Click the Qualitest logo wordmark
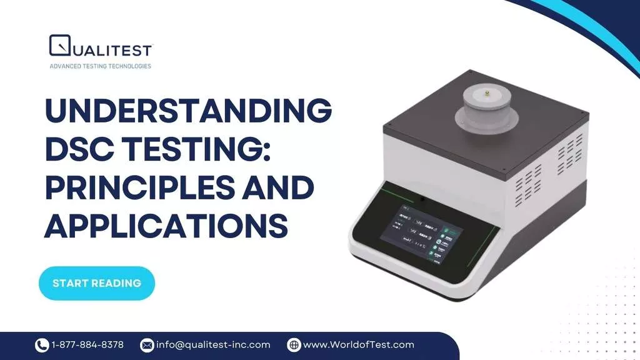point(110,49)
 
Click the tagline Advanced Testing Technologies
point(100,66)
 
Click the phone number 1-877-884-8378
point(87,345)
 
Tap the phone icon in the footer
point(42,345)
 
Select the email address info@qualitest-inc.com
point(213,345)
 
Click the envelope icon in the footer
point(147,345)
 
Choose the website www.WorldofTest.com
point(359,345)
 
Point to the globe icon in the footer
point(294,345)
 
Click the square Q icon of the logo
point(60,46)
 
